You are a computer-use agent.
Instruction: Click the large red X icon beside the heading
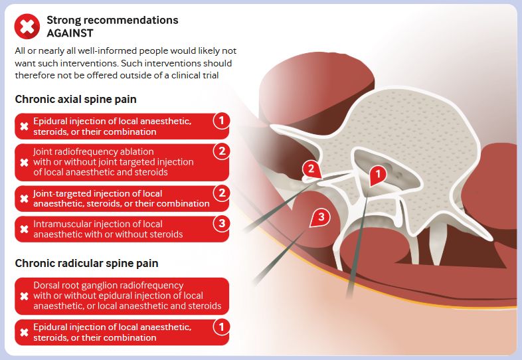27,27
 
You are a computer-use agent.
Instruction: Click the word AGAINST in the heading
70,33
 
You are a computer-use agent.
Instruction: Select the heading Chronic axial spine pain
76,99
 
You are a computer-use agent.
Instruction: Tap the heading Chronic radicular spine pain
86,263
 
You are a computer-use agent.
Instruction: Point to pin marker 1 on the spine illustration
377,175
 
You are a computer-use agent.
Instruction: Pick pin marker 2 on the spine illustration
311,169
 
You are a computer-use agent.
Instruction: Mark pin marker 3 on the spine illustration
320,217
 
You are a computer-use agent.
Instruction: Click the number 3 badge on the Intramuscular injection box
222,223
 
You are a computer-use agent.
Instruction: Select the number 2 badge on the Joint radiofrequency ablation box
222,151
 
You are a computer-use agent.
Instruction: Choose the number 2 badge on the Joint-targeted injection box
222,193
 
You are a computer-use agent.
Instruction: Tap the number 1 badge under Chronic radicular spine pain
222,327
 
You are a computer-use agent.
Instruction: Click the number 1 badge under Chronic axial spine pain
222,120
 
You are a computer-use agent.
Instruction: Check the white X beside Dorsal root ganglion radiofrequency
24,296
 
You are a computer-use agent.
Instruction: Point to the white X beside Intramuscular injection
24,229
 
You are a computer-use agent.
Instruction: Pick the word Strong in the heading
64,21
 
